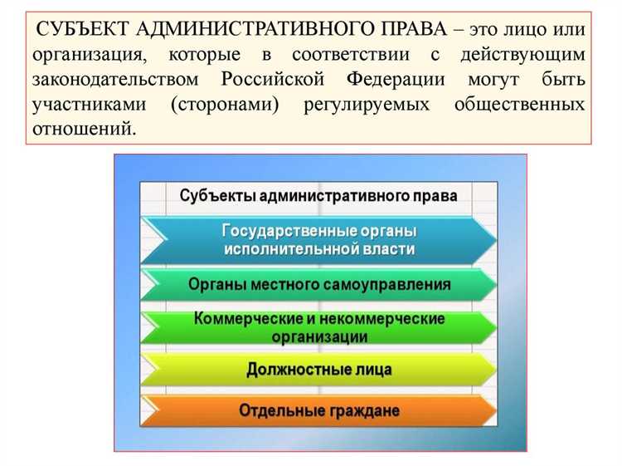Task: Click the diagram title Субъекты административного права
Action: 318,196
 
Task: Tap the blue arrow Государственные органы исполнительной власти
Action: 318,239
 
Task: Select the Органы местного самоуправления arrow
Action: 318,284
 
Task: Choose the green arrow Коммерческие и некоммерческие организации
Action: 318,327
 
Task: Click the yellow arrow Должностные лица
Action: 318,369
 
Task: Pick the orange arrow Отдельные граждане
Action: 318,410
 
